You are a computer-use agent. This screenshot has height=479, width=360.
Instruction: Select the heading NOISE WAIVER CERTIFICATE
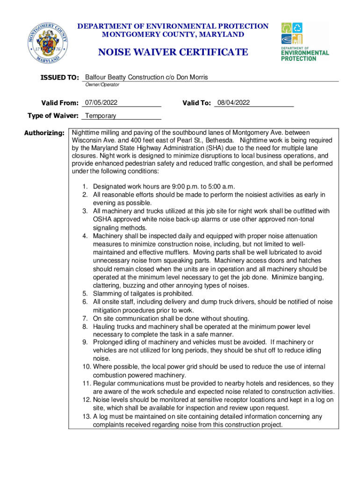pos(173,52)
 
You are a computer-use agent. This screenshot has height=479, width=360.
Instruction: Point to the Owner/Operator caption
pos(102,85)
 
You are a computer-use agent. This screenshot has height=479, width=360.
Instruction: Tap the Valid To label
pos(196,103)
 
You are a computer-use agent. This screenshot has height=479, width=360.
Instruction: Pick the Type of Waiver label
pos(53,116)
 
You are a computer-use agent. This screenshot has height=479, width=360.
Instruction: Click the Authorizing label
pos(44,133)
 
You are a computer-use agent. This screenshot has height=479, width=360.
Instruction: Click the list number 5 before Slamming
pos(86,293)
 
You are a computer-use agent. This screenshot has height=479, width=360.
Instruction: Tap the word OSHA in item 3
pos(102,219)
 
